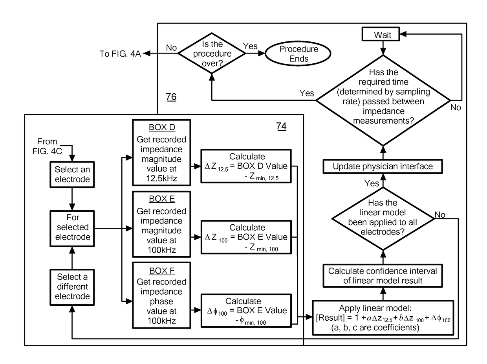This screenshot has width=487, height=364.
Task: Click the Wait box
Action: pyautogui.click(x=383, y=35)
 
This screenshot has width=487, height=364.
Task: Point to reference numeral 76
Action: pyautogui.click(x=171, y=97)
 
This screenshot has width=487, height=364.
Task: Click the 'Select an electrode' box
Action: pyautogui.click(x=72, y=175)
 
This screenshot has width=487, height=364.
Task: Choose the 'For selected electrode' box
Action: pyautogui.click(x=72, y=227)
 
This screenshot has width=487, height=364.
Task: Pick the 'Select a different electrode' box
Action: pyautogui.click(x=72, y=286)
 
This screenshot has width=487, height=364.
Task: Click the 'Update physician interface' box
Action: pyautogui.click(x=383, y=166)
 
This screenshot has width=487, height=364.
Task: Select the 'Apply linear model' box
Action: pyautogui.click(x=383, y=318)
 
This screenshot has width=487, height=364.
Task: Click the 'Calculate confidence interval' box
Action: pyautogui.click(x=383, y=275)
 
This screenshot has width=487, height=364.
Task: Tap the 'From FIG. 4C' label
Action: pyautogui.click(x=48, y=146)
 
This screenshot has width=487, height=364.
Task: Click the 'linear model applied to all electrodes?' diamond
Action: pyautogui.click(x=383, y=218)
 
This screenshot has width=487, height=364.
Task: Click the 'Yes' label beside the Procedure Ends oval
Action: pyautogui.click(x=250, y=46)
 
